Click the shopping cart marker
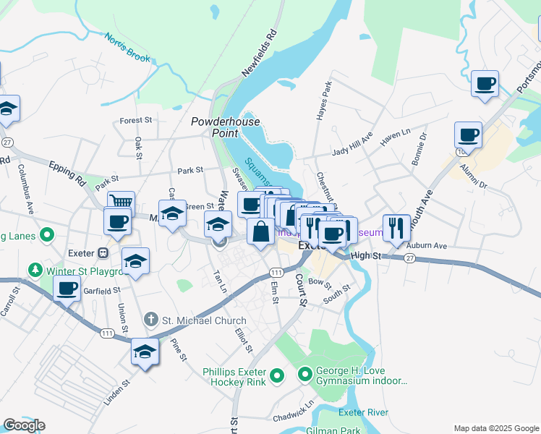[121, 204]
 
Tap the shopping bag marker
[260, 232]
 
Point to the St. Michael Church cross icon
[150, 318]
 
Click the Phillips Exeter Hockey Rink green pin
[276, 375]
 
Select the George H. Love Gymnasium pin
[304, 375]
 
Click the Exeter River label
[364, 413]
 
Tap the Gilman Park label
[343, 430]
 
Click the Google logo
[24, 425]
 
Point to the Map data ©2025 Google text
[495, 428]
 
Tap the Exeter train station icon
[103, 253]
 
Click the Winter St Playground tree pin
[35, 271]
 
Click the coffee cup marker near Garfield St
[67, 289]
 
